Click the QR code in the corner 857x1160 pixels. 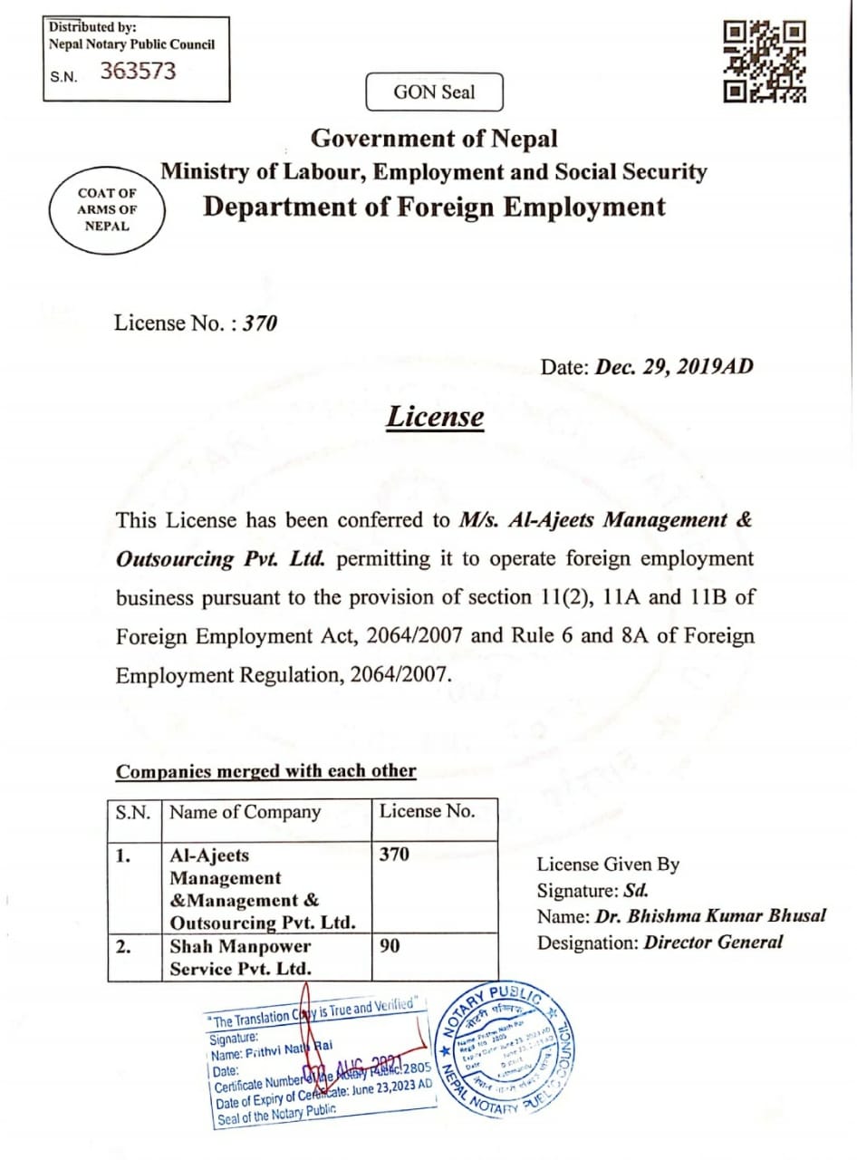tap(766, 62)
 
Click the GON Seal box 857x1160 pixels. tap(434, 92)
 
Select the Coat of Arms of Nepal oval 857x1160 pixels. tap(108, 209)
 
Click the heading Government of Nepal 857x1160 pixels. tap(434, 139)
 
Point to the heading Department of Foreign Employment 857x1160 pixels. tap(434, 207)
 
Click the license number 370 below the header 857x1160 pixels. tap(260, 324)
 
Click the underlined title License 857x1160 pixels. tap(434, 417)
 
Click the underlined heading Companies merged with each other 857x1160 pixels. tap(266, 772)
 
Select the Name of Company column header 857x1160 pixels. tap(246, 812)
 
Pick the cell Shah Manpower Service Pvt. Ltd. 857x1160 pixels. tap(241, 957)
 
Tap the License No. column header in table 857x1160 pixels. tap(427, 811)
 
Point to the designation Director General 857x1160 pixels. tap(713, 942)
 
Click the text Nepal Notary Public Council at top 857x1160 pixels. tap(132, 44)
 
